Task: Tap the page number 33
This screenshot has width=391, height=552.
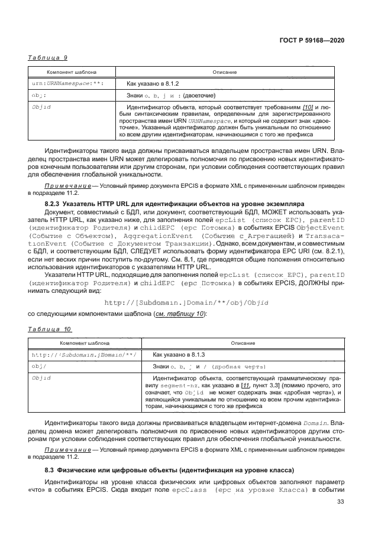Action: tap(340, 502)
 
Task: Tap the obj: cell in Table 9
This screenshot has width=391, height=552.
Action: tap(39, 95)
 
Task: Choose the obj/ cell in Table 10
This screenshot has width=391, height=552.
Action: tap(39, 367)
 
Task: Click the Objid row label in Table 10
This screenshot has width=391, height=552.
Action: tap(41, 377)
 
